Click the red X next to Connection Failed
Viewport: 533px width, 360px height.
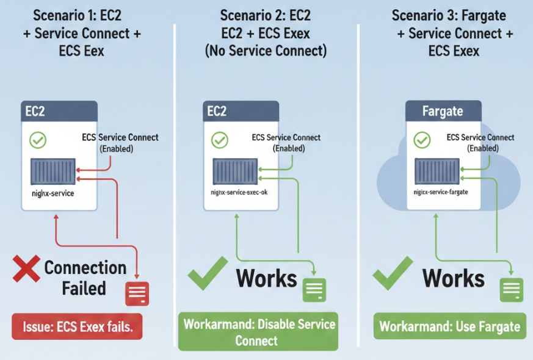click(x=26, y=269)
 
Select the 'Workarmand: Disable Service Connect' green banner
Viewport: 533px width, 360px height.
click(x=258, y=331)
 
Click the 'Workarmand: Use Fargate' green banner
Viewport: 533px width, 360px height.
click(x=450, y=326)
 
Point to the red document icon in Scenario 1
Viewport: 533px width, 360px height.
click(x=137, y=293)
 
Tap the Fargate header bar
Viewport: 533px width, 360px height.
click(x=443, y=112)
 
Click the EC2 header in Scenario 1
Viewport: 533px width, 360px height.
click(x=59, y=112)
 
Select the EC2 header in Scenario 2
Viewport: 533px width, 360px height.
click(x=241, y=112)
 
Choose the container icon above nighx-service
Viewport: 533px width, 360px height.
click(x=53, y=171)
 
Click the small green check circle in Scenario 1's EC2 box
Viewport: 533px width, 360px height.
click(x=38, y=140)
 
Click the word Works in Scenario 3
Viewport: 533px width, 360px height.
click(x=453, y=278)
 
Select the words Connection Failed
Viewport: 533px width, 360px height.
click(x=85, y=277)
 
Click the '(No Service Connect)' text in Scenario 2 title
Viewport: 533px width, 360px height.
click(x=266, y=51)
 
